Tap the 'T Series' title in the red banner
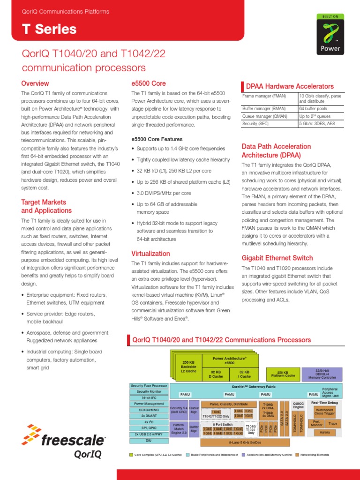pos(49,29)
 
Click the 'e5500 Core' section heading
pos(149,83)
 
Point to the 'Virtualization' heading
pos(150,254)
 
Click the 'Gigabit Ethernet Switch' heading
pos(277,258)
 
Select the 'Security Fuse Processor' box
pos(149,385)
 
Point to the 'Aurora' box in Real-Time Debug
pos(325,432)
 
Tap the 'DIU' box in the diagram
pos(149,441)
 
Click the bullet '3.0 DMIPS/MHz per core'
pos(164,193)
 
